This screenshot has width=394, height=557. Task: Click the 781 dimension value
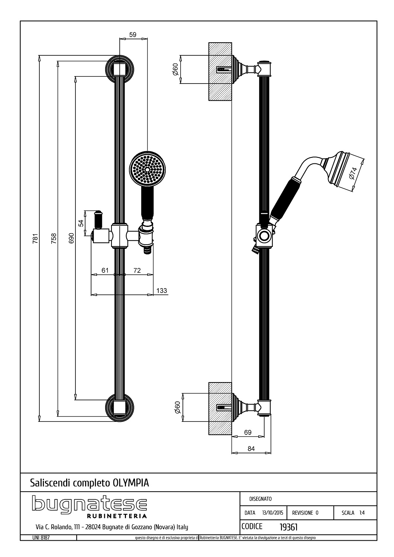point(36,238)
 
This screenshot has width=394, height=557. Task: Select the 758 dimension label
point(54,238)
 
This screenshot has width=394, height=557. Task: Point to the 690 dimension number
point(71,238)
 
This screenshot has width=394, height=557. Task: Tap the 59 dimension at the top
point(133,35)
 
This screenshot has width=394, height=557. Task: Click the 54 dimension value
point(81,223)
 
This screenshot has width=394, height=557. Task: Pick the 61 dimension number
point(105,270)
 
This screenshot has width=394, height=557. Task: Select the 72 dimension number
point(137,270)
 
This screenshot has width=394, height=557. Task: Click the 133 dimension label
point(162,290)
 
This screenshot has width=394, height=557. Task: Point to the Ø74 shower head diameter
point(353,173)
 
